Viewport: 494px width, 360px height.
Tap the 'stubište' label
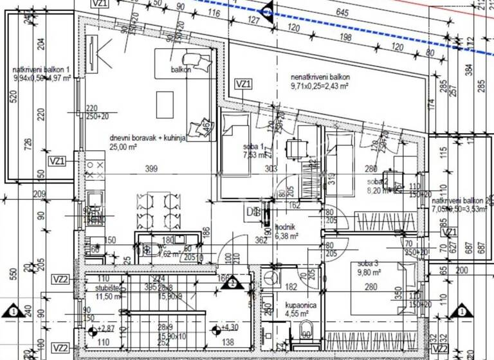pos(87,288)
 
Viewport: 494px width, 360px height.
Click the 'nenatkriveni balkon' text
pos(320,76)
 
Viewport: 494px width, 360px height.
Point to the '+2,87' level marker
pos(104,328)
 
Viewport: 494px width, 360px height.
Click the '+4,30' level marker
pos(230,328)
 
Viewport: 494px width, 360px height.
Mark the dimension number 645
pos(342,12)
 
